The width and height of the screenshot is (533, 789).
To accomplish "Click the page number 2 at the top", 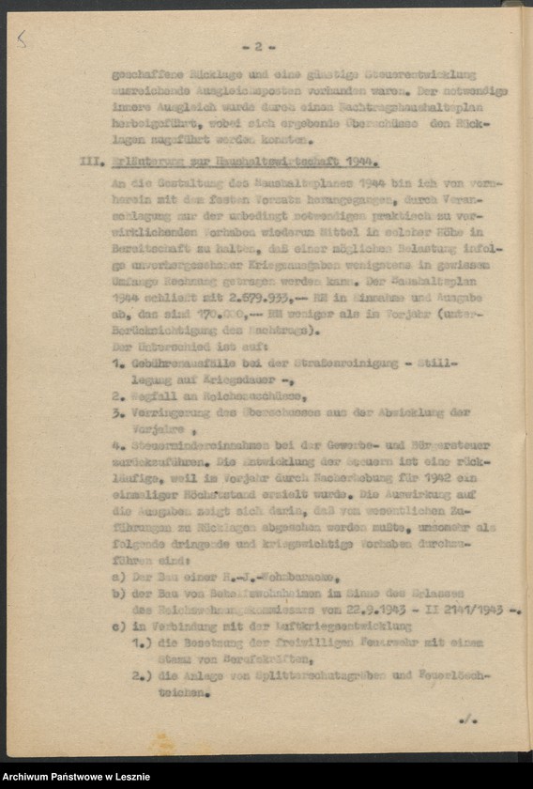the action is click(x=256, y=45).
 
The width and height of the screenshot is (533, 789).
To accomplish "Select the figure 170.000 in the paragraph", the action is click(x=189, y=314).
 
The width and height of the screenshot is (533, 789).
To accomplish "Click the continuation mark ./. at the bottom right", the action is click(x=468, y=721).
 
